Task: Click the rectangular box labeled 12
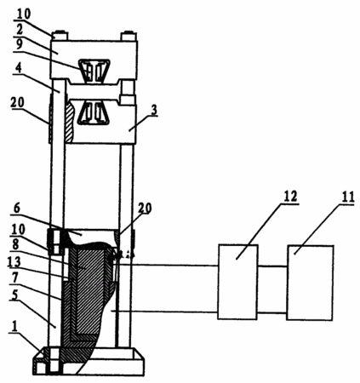tap(237, 282)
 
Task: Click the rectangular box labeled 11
tap(311, 283)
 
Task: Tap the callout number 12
tap(289, 196)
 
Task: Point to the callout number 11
tap(347, 197)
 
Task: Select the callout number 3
tap(154, 110)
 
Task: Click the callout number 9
tap(19, 44)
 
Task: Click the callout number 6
tap(17, 209)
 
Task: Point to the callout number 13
tap(14, 262)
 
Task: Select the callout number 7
tap(14, 279)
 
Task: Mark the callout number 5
tap(14, 295)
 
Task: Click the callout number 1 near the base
tap(14, 327)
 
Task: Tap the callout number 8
tap(16, 245)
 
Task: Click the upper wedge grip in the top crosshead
tap(94, 71)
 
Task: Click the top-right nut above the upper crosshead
tap(129, 37)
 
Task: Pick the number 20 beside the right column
tap(145, 209)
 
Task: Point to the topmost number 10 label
tap(24, 14)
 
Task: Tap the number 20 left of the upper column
tap(18, 103)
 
